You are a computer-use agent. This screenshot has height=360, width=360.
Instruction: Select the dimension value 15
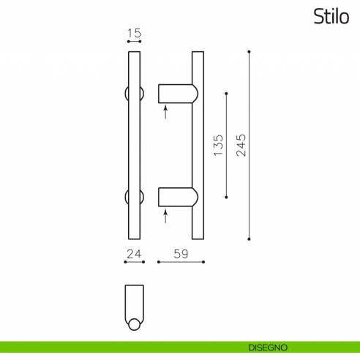(x=134, y=34)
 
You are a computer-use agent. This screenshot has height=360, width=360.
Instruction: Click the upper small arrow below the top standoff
(x=166, y=112)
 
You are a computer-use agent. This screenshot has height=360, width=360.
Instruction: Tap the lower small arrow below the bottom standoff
(x=166, y=216)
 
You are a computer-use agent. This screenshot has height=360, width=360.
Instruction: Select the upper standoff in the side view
(x=178, y=94)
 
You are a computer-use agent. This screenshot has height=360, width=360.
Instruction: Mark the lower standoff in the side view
(x=178, y=198)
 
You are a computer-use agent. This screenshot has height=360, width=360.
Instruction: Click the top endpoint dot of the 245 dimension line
(x=250, y=52)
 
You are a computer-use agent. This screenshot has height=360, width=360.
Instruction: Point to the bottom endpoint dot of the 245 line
(x=250, y=239)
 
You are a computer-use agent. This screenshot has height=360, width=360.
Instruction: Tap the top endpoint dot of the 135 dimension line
(x=226, y=94)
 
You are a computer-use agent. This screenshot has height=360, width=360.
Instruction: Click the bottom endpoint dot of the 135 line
(x=226, y=197)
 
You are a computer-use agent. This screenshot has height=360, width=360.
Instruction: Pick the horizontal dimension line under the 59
(x=181, y=263)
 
